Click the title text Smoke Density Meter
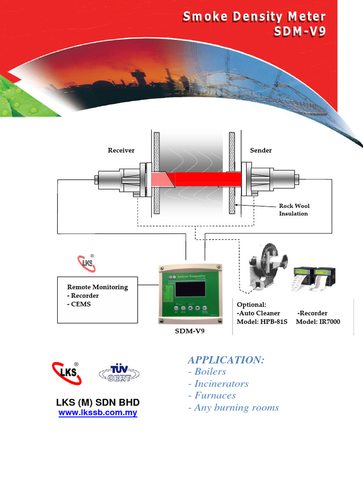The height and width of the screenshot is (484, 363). tap(254, 17)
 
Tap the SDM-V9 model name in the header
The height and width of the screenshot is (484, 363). tap(300, 33)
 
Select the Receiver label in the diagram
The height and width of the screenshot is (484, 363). tap(121, 150)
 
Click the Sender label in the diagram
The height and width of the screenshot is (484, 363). tap(260, 150)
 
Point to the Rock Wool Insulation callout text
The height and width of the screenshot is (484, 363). tap(294, 210)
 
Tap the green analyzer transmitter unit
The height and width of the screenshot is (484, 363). tap(190, 295)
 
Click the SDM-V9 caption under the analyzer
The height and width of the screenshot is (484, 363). tap(190, 331)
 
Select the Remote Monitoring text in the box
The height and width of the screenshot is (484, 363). tap(97, 287)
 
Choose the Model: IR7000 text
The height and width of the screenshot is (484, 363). tap(318, 322)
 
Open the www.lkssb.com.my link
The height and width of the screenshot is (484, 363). tap(98, 413)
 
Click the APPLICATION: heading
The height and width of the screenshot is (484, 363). tap(226, 360)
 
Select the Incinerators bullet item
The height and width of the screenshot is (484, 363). tap(218, 384)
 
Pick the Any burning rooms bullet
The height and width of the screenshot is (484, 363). tap(233, 407)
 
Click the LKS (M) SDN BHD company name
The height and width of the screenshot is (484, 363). tap(98, 402)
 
